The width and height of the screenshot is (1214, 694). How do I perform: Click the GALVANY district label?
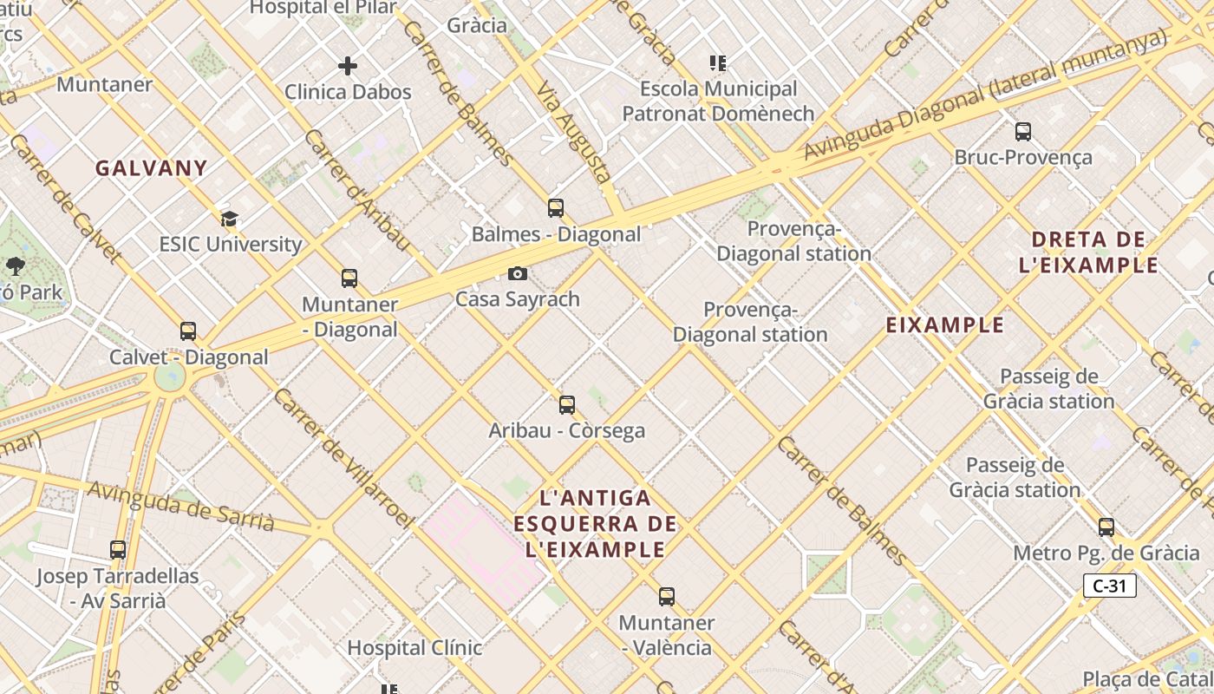click(151, 168)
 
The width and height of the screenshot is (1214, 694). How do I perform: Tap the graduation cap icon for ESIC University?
click(229, 219)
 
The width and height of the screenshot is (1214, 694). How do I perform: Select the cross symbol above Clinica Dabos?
click(348, 66)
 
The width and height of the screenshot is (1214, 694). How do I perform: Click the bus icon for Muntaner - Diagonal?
click(349, 278)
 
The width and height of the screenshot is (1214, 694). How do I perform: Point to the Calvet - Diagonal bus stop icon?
click(188, 331)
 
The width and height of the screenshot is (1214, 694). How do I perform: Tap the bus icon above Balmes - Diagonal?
click(556, 208)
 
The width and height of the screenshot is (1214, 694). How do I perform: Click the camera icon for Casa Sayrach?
click(518, 274)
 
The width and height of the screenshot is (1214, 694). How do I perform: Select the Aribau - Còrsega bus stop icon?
click(567, 405)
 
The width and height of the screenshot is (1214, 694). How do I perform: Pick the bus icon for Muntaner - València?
click(666, 597)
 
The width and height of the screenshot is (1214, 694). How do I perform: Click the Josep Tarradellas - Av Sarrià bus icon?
click(118, 550)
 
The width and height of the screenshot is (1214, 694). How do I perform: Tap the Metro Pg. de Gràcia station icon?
click(1106, 527)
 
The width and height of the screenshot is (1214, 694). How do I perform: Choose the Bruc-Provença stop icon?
click(1023, 132)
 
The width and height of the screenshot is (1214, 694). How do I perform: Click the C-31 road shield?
click(1109, 586)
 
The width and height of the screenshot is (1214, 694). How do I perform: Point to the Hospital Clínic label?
click(414, 648)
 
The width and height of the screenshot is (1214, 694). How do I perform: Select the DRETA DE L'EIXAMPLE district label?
click(1089, 252)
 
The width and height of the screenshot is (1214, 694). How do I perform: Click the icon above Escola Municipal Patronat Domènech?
click(718, 62)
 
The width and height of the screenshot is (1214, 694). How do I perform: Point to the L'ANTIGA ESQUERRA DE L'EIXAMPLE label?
click(595, 524)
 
